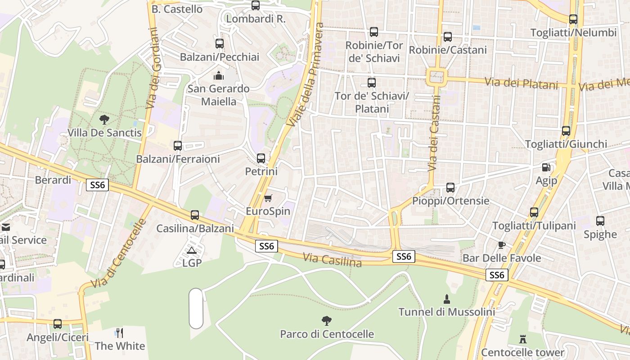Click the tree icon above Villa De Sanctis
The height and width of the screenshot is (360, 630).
pos(104,120)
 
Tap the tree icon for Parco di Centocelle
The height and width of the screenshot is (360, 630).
pos(327,321)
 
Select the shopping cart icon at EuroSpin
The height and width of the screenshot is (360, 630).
pos(268,198)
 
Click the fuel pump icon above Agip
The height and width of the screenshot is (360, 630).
pos(546,167)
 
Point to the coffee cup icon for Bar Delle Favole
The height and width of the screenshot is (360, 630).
pos(502,245)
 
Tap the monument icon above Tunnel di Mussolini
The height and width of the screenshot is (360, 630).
pos(447,299)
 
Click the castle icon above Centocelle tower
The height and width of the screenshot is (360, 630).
pos(523,339)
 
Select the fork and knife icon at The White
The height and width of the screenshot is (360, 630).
pos(119,333)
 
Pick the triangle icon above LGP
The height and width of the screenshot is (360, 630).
pos(192,250)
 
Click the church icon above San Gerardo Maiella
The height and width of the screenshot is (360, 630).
pos(219,75)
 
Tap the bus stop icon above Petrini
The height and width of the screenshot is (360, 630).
pos(261,158)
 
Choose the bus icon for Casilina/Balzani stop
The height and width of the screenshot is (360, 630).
pos(195,215)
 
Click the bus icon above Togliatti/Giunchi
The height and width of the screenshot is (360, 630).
pos(566,131)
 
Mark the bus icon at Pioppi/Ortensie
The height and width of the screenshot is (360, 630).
pos(450,187)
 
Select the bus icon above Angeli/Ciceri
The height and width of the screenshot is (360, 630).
pos(58,324)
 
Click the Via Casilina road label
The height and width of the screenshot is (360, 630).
pos(332,260)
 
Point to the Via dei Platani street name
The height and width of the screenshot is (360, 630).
pos(521,83)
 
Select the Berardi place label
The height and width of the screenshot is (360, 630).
pos(53,180)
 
